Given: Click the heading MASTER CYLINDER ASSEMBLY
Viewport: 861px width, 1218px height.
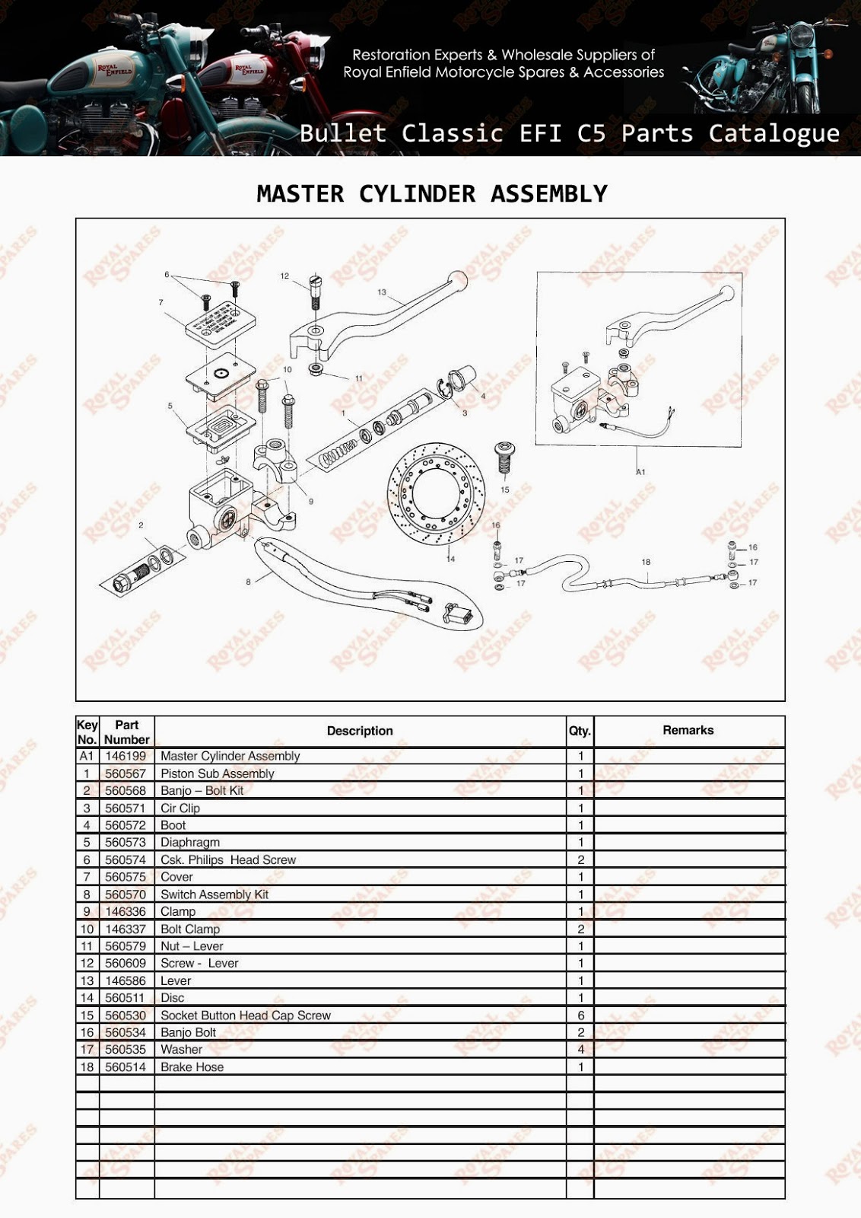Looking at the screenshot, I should (432, 194).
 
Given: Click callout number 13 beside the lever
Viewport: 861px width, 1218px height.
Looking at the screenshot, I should (382, 292).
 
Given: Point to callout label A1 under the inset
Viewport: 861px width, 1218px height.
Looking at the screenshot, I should (640, 472).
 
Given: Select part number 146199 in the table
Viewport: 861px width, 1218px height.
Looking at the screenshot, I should (125, 756).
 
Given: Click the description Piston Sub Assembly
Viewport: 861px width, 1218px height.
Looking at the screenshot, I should (217, 773).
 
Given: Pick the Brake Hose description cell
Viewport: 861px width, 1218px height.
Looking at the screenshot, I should (192, 1067).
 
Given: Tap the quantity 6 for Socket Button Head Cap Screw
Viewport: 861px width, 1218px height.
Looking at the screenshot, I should (581, 1016).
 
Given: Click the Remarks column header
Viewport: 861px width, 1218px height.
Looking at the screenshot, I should (688, 730).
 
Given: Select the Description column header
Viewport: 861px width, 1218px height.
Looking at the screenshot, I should (360, 731).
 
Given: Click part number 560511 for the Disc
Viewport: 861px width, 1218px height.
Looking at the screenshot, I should (125, 998).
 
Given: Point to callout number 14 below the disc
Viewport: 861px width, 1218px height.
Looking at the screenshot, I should (451, 559).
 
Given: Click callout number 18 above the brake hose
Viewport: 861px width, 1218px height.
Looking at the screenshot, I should (646, 563).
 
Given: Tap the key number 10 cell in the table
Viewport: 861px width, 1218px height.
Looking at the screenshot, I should (87, 929).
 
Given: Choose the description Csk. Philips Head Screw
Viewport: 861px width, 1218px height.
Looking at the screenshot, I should (228, 860).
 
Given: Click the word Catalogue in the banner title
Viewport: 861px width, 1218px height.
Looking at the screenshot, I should (774, 133).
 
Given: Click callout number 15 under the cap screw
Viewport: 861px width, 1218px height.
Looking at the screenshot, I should (505, 489).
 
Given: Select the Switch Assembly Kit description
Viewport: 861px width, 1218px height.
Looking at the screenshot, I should (214, 894).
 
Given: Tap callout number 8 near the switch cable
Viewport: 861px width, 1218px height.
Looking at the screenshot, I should (248, 582).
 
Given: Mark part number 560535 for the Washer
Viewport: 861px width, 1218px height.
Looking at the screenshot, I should (125, 1050).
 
